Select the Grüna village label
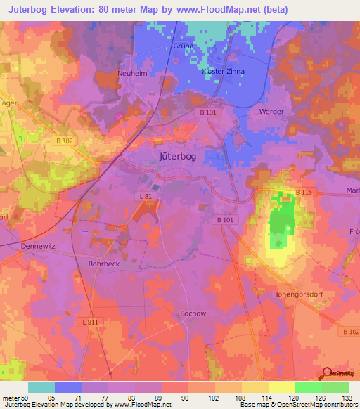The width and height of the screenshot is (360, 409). (x=183, y=46)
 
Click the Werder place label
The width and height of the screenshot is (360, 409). (x=271, y=112)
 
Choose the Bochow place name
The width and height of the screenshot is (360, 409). (x=192, y=313)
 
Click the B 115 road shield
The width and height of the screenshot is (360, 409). (x=303, y=192)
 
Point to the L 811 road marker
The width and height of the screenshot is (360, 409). (x=88, y=320)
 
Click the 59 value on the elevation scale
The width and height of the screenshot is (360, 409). (x=25, y=398)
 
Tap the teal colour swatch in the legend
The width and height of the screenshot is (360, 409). (x=41, y=387)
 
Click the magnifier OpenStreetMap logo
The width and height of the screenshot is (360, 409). (x=328, y=374)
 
